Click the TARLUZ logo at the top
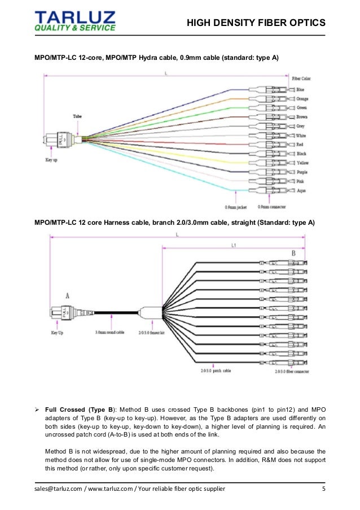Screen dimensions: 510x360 coord(75,20)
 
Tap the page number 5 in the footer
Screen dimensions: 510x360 coord(324,489)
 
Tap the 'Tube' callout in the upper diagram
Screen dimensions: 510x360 coord(77,116)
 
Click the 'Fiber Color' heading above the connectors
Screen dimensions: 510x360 coord(301,79)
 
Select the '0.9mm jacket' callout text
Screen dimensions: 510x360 coord(234,206)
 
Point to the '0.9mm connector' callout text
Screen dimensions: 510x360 coord(270,206)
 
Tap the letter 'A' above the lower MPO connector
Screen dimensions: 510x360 coord(68,295)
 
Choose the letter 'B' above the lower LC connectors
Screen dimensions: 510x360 coord(293,253)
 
